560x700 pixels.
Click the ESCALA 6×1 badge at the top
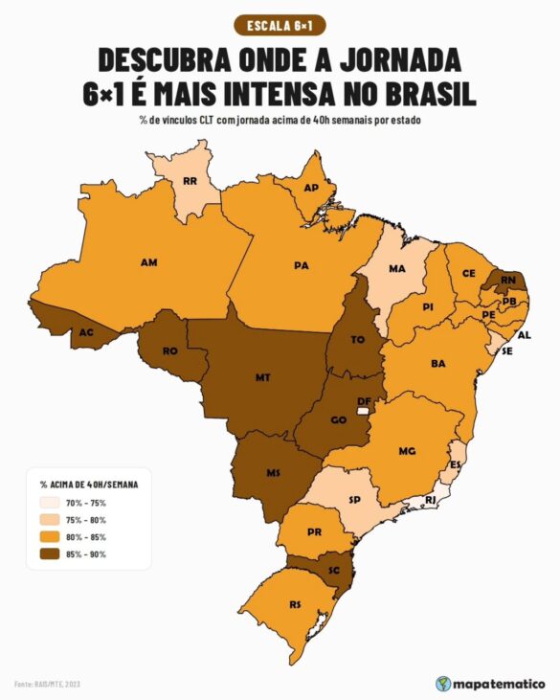coord(279,25)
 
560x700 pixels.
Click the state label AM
coord(148,261)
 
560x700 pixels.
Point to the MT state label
coord(262,377)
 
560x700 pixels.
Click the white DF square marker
coord(363,409)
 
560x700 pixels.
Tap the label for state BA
coord(438,364)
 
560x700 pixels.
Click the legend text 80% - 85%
coord(87,537)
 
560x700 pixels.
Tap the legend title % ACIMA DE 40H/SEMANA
coord(89,485)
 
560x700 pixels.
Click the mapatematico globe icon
coord(443,684)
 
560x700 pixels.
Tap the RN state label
coord(507,281)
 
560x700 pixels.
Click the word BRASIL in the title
coord(423,96)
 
